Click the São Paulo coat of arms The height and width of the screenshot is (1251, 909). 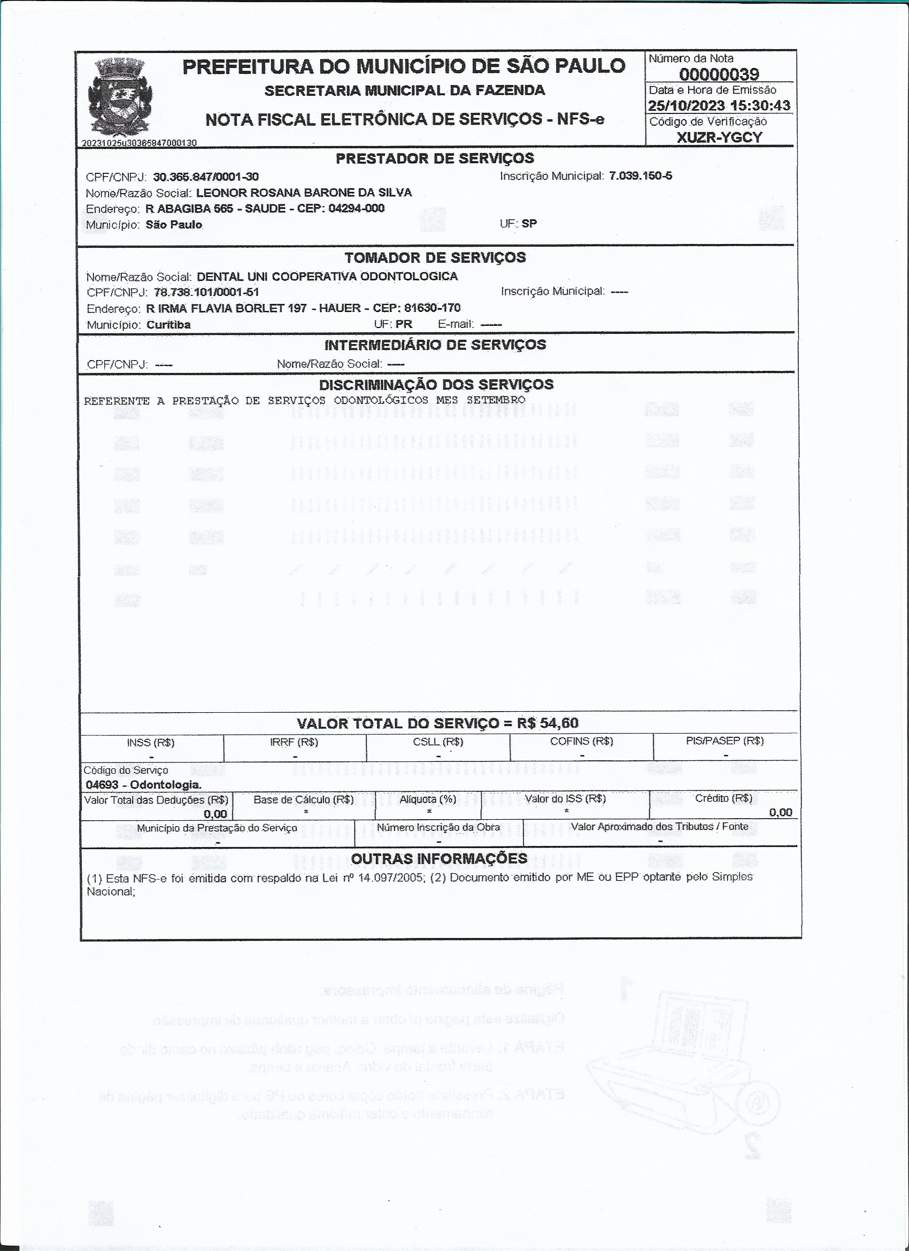[x=119, y=96]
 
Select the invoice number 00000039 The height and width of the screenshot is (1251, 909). [x=719, y=74]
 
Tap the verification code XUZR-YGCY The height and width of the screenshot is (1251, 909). [x=719, y=138]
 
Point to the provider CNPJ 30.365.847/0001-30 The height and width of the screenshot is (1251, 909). [x=206, y=177]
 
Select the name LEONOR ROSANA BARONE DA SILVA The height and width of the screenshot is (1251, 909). [x=304, y=193]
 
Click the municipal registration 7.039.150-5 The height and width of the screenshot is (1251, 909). [x=640, y=176]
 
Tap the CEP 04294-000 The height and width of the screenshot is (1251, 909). [x=356, y=209]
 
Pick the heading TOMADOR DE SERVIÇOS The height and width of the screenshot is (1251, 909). [x=435, y=257]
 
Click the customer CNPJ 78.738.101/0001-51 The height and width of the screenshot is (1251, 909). [x=206, y=292]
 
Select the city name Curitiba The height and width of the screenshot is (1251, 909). [x=168, y=324]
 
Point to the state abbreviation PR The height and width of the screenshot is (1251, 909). [x=404, y=324]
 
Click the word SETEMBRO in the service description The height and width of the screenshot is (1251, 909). [x=496, y=399]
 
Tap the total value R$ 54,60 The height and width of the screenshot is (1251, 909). [x=548, y=723]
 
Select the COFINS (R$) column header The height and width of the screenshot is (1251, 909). [x=581, y=741]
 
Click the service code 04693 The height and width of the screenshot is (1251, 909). [x=102, y=784]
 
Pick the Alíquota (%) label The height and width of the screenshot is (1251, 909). [x=428, y=799]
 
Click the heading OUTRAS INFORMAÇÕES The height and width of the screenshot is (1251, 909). [x=439, y=858]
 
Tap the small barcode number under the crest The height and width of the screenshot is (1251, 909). [x=139, y=143]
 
